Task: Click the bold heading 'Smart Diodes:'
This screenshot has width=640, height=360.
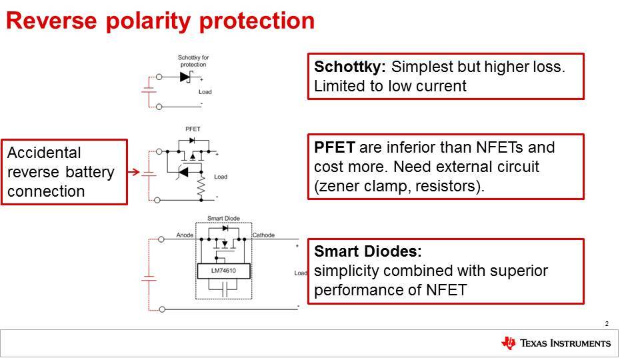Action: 367,253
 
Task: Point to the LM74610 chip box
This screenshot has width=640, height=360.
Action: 223,271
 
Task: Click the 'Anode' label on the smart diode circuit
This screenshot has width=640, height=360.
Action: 185,235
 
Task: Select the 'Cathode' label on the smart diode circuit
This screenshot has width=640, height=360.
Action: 263,235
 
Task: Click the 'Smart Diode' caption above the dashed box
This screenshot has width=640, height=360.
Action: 223,218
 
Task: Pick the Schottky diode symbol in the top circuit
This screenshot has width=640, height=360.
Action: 186,77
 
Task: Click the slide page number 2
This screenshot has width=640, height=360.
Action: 607,324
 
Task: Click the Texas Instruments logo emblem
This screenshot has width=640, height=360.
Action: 508,343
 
